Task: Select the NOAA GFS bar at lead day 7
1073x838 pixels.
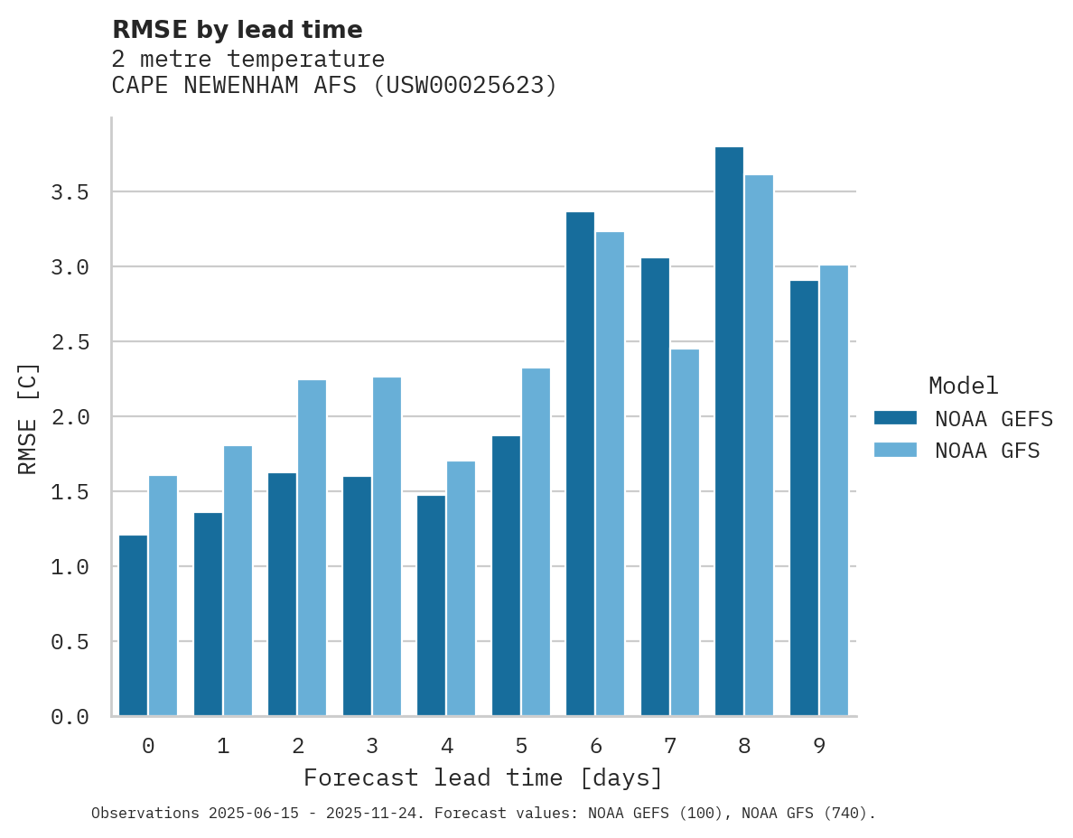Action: tap(685, 533)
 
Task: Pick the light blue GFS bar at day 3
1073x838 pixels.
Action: tap(387, 546)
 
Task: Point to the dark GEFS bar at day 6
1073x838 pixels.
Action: tap(580, 464)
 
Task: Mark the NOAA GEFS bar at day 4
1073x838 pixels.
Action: tap(431, 605)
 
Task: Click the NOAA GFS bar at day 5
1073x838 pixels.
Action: tap(536, 542)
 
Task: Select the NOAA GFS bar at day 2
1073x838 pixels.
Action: tap(312, 548)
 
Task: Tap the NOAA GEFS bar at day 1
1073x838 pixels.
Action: tap(208, 614)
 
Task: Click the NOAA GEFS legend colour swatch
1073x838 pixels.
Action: tap(895, 418)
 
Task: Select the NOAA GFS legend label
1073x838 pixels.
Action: tap(987, 451)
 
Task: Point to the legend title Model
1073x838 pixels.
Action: tap(963, 386)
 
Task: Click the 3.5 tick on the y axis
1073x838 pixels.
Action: tap(70, 192)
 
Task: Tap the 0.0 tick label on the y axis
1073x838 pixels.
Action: tap(70, 717)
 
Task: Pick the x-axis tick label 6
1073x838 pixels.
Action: tap(595, 746)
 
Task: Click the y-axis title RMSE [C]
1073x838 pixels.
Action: tap(28, 418)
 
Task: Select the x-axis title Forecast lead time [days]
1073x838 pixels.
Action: tap(483, 777)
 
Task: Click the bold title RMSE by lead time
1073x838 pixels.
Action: tap(237, 30)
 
